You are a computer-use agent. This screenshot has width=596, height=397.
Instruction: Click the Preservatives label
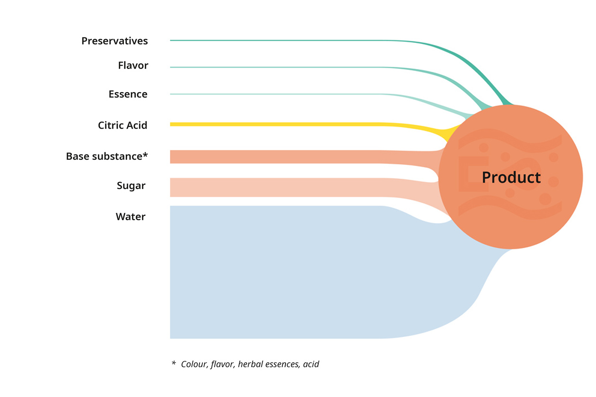click(x=114, y=41)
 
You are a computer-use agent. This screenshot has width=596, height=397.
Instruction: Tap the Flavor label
click(x=133, y=65)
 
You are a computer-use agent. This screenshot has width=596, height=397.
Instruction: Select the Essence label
click(x=128, y=94)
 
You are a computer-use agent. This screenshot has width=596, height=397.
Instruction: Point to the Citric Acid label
click(x=123, y=125)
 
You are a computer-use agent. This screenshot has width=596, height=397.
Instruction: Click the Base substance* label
click(x=107, y=156)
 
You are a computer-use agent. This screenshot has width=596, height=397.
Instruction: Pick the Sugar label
click(x=131, y=186)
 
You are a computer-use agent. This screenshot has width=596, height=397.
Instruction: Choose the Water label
click(x=131, y=217)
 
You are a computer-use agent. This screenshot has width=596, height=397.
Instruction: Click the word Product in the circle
click(x=511, y=177)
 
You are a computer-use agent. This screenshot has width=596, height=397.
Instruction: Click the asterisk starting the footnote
click(x=174, y=362)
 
